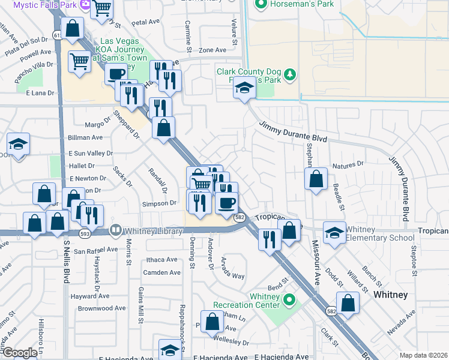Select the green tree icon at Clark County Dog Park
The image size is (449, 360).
pyautogui.click(x=291, y=74)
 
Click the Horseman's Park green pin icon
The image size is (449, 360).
pyautogui.click(x=260, y=5)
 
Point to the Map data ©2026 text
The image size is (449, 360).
pyautogui.click(x=423, y=355)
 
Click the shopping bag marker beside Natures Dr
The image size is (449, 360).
pyautogui.click(x=316, y=179)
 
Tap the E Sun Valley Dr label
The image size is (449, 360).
pyautogui.click(x=91, y=154)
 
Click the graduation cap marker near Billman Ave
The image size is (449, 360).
pyautogui.click(x=19, y=145)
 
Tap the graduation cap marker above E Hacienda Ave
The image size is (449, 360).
pyautogui.click(x=170, y=350)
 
